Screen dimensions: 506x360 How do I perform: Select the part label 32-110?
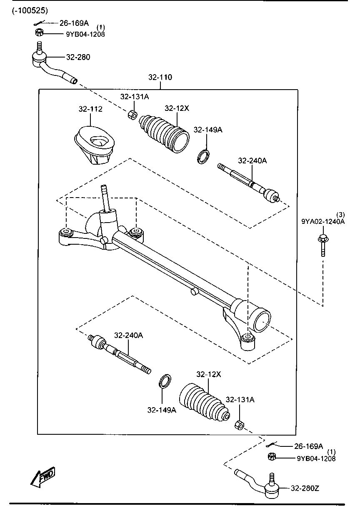tap(160, 77)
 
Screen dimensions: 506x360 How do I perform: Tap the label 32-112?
tap(90, 109)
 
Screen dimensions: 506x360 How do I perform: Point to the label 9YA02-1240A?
tap(323, 222)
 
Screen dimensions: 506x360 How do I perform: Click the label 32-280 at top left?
tap(78, 57)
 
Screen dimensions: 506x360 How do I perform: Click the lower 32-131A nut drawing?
tap(239, 425)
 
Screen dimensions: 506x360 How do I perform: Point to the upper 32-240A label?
tap(252, 160)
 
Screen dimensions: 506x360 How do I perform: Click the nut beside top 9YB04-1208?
tap(39, 33)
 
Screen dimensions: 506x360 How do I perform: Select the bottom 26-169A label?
tap(308, 446)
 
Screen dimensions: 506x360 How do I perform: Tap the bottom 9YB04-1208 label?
tap(316, 458)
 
